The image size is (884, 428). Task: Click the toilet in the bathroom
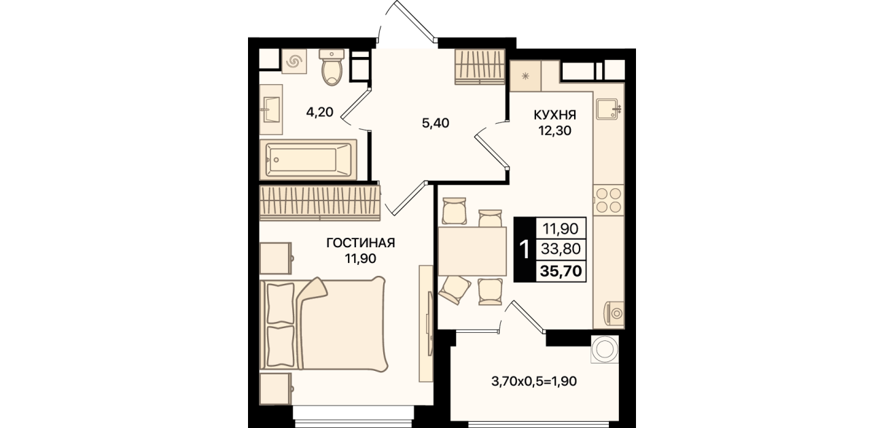coord(332,67)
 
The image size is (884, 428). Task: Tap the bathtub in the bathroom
coord(308,160)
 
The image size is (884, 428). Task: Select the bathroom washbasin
coord(271,109)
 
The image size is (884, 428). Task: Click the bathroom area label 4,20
coord(319,112)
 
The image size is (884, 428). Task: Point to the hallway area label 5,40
coord(436,123)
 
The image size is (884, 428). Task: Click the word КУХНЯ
coord(555,115)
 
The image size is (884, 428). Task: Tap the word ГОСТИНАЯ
coord(361,243)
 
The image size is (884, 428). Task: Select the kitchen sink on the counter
coord(608,109)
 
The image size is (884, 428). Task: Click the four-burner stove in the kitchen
coord(609,200)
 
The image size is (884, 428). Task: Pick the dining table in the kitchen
coord(472,251)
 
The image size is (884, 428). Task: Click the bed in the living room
coord(323,324)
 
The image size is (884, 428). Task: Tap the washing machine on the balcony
coord(604,349)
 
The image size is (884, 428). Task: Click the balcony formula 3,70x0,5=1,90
coord(534,381)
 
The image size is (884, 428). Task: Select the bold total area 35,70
coord(561,271)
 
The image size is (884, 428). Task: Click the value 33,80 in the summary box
coord(561,249)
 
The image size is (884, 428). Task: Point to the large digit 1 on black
coord(525,249)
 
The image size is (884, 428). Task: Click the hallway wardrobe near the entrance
coord(480,67)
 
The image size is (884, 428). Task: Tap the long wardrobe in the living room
coord(320,203)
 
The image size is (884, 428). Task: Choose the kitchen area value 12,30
coord(555,130)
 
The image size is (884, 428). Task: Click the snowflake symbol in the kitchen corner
coord(525,76)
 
